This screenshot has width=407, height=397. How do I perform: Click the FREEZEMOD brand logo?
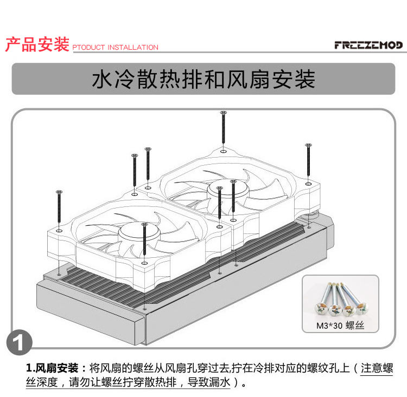[x=368, y=45]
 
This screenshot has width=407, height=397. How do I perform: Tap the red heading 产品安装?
[x=37, y=44]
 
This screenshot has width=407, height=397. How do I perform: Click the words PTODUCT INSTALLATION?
[x=115, y=48]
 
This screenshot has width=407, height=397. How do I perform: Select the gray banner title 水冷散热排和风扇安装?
[x=203, y=79]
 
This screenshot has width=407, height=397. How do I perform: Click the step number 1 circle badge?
[x=19, y=342]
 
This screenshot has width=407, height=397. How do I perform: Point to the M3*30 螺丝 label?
[x=340, y=326]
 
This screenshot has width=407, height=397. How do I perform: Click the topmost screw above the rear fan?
[x=223, y=127]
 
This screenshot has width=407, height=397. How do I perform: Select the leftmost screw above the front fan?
[x=59, y=206]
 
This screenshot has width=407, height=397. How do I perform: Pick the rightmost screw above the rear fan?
[x=308, y=160]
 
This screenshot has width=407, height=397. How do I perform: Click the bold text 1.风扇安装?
[x=52, y=368]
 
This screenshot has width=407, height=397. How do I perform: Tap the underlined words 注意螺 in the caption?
[x=377, y=368]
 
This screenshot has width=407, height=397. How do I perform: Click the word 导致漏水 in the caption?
[x=209, y=382]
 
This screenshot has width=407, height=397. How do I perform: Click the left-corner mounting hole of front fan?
[x=59, y=230]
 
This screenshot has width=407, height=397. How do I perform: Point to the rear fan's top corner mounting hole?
[x=223, y=151]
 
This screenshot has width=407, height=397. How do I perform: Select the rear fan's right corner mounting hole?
[x=308, y=184]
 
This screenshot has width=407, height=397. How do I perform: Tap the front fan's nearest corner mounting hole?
[x=144, y=263]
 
